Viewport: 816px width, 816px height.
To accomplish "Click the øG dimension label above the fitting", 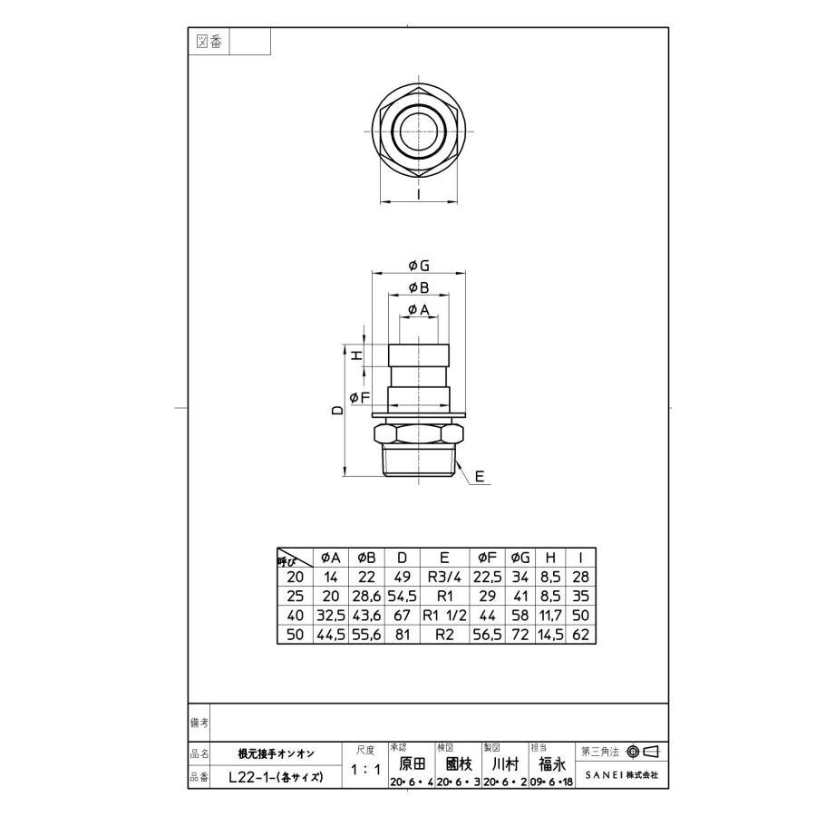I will tap(418, 266).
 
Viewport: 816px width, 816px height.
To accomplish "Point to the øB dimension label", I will tap(418, 288).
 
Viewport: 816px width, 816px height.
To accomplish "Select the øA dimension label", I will tap(418, 311).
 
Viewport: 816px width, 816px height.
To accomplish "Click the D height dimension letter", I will tap(337, 410).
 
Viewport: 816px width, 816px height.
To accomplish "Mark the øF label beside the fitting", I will tap(360, 397).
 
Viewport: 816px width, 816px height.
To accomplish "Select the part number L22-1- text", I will tap(250, 778).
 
